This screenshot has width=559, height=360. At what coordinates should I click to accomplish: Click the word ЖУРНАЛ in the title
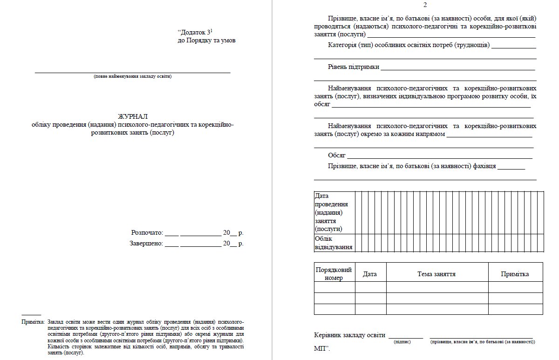pos(133,116)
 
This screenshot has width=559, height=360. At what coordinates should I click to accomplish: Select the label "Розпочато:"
pos(147,232)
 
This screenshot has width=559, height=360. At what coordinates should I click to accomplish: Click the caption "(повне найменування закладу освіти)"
pos(133,76)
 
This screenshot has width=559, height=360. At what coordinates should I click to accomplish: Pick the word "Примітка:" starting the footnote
pos(33,322)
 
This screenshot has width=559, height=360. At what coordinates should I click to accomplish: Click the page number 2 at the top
pos(424,5)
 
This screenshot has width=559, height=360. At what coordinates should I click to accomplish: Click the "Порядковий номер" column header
pos(334,274)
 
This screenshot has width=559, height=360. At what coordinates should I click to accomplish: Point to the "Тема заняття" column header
pos(436,274)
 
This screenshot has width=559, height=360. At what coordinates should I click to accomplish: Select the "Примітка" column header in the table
pos(515,274)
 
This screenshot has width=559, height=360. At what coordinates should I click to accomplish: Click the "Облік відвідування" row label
pos(334,243)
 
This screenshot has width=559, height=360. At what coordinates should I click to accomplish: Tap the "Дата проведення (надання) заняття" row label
pos(332,212)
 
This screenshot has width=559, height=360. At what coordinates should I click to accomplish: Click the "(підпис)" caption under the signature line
pos(402,342)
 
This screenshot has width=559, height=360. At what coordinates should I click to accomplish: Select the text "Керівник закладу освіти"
pos(350,335)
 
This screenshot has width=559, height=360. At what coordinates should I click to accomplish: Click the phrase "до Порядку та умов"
pos(206,41)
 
